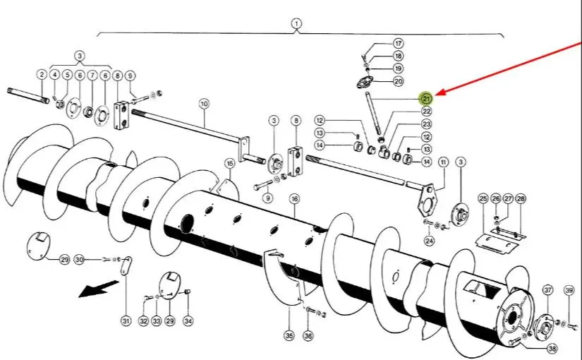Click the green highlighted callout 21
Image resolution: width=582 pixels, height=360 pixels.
426,98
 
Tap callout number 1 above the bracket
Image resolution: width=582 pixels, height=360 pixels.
296,24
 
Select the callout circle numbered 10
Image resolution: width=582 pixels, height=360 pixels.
204,104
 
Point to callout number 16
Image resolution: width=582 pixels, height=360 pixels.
295,199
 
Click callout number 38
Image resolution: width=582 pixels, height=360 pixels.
552,349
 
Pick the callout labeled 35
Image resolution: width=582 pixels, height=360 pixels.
289,336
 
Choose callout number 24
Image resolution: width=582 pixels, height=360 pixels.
429,241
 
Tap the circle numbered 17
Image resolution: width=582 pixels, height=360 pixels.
399,44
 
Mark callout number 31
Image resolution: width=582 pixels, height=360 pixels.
126,320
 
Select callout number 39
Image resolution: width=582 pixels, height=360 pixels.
569,290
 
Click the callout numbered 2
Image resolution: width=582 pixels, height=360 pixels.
42,75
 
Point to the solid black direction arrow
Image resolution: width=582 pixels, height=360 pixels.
99,289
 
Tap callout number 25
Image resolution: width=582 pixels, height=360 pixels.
483,198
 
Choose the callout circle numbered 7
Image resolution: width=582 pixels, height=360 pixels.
92,76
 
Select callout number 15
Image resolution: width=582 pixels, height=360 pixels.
230,164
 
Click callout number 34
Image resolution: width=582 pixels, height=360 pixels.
188,320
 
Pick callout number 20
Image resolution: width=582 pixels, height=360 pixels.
399,81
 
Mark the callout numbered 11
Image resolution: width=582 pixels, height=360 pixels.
444,162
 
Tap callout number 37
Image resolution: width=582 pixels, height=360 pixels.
548,290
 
